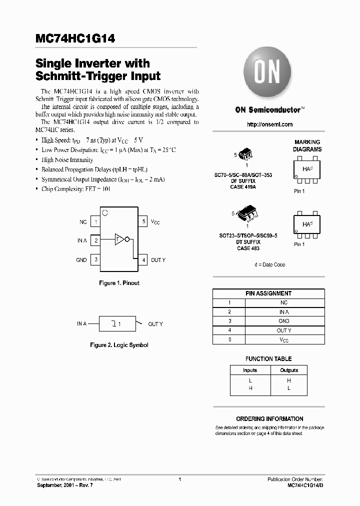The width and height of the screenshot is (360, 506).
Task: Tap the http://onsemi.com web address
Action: (270, 124)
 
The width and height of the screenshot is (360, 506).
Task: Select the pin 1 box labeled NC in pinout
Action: (95, 221)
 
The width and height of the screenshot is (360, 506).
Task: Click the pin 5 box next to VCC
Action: (143, 221)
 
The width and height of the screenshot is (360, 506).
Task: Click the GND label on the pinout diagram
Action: (81, 260)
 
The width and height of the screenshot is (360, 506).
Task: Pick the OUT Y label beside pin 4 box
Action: (158, 260)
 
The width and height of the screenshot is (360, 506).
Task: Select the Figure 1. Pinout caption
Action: (119, 283)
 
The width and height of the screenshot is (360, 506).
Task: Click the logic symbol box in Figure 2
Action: (118, 324)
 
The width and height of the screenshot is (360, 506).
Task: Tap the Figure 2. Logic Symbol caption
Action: (119, 345)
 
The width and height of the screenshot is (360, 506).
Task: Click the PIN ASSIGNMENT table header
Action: (268, 293)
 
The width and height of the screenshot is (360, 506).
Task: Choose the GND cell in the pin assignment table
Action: (284, 321)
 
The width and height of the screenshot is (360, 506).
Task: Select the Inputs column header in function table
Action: (250, 370)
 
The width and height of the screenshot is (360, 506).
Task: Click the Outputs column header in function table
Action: (289, 370)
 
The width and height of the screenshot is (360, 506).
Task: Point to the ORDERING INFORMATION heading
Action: (269, 419)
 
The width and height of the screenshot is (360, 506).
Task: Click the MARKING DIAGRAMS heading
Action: (307, 146)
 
